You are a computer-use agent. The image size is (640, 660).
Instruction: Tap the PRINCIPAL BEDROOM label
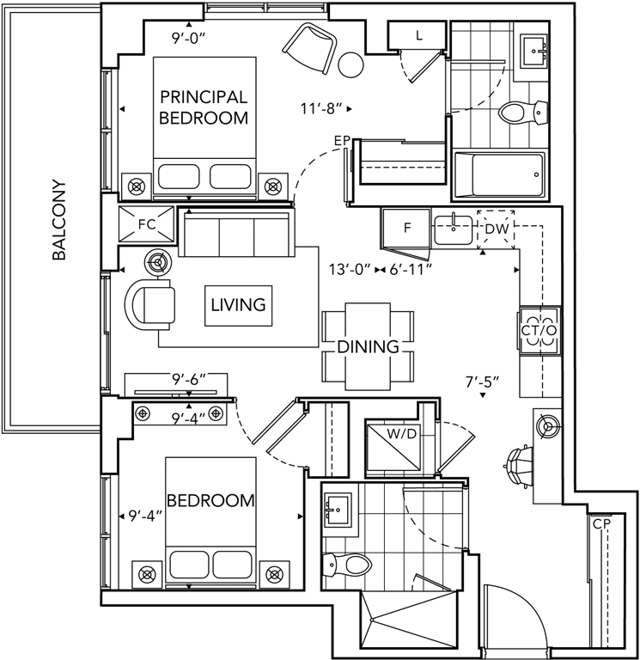pyautogui.click(x=204, y=107)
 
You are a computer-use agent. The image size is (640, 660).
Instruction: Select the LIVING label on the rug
pyautogui.click(x=238, y=304)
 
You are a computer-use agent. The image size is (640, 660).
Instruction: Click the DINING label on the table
pyautogui.click(x=368, y=346)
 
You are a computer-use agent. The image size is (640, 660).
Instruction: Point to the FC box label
pyautogui.click(x=147, y=224)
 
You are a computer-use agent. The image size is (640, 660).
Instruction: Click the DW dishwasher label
pyautogui.click(x=497, y=229)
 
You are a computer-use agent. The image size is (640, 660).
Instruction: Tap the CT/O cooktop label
pyautogui.click(x=539, y=330)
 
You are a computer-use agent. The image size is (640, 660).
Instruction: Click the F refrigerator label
pyautogui.click(x=409, y=228)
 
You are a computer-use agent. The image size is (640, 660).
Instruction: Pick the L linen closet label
pyautogui.click(x=418, y=34)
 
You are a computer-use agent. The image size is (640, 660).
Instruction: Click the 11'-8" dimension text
pyautogui.click(x=321, y=108)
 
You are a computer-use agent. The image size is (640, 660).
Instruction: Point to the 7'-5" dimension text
pyautogui.click(x=483, y=382)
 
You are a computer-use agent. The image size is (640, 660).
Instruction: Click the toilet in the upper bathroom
pyautogui.click(x=521, y=112)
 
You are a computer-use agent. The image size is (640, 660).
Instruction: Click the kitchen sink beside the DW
pyautogui.click(x=453, y=229)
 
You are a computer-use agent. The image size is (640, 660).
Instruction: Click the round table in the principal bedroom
pyautogui.click(x=351, y=64)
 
